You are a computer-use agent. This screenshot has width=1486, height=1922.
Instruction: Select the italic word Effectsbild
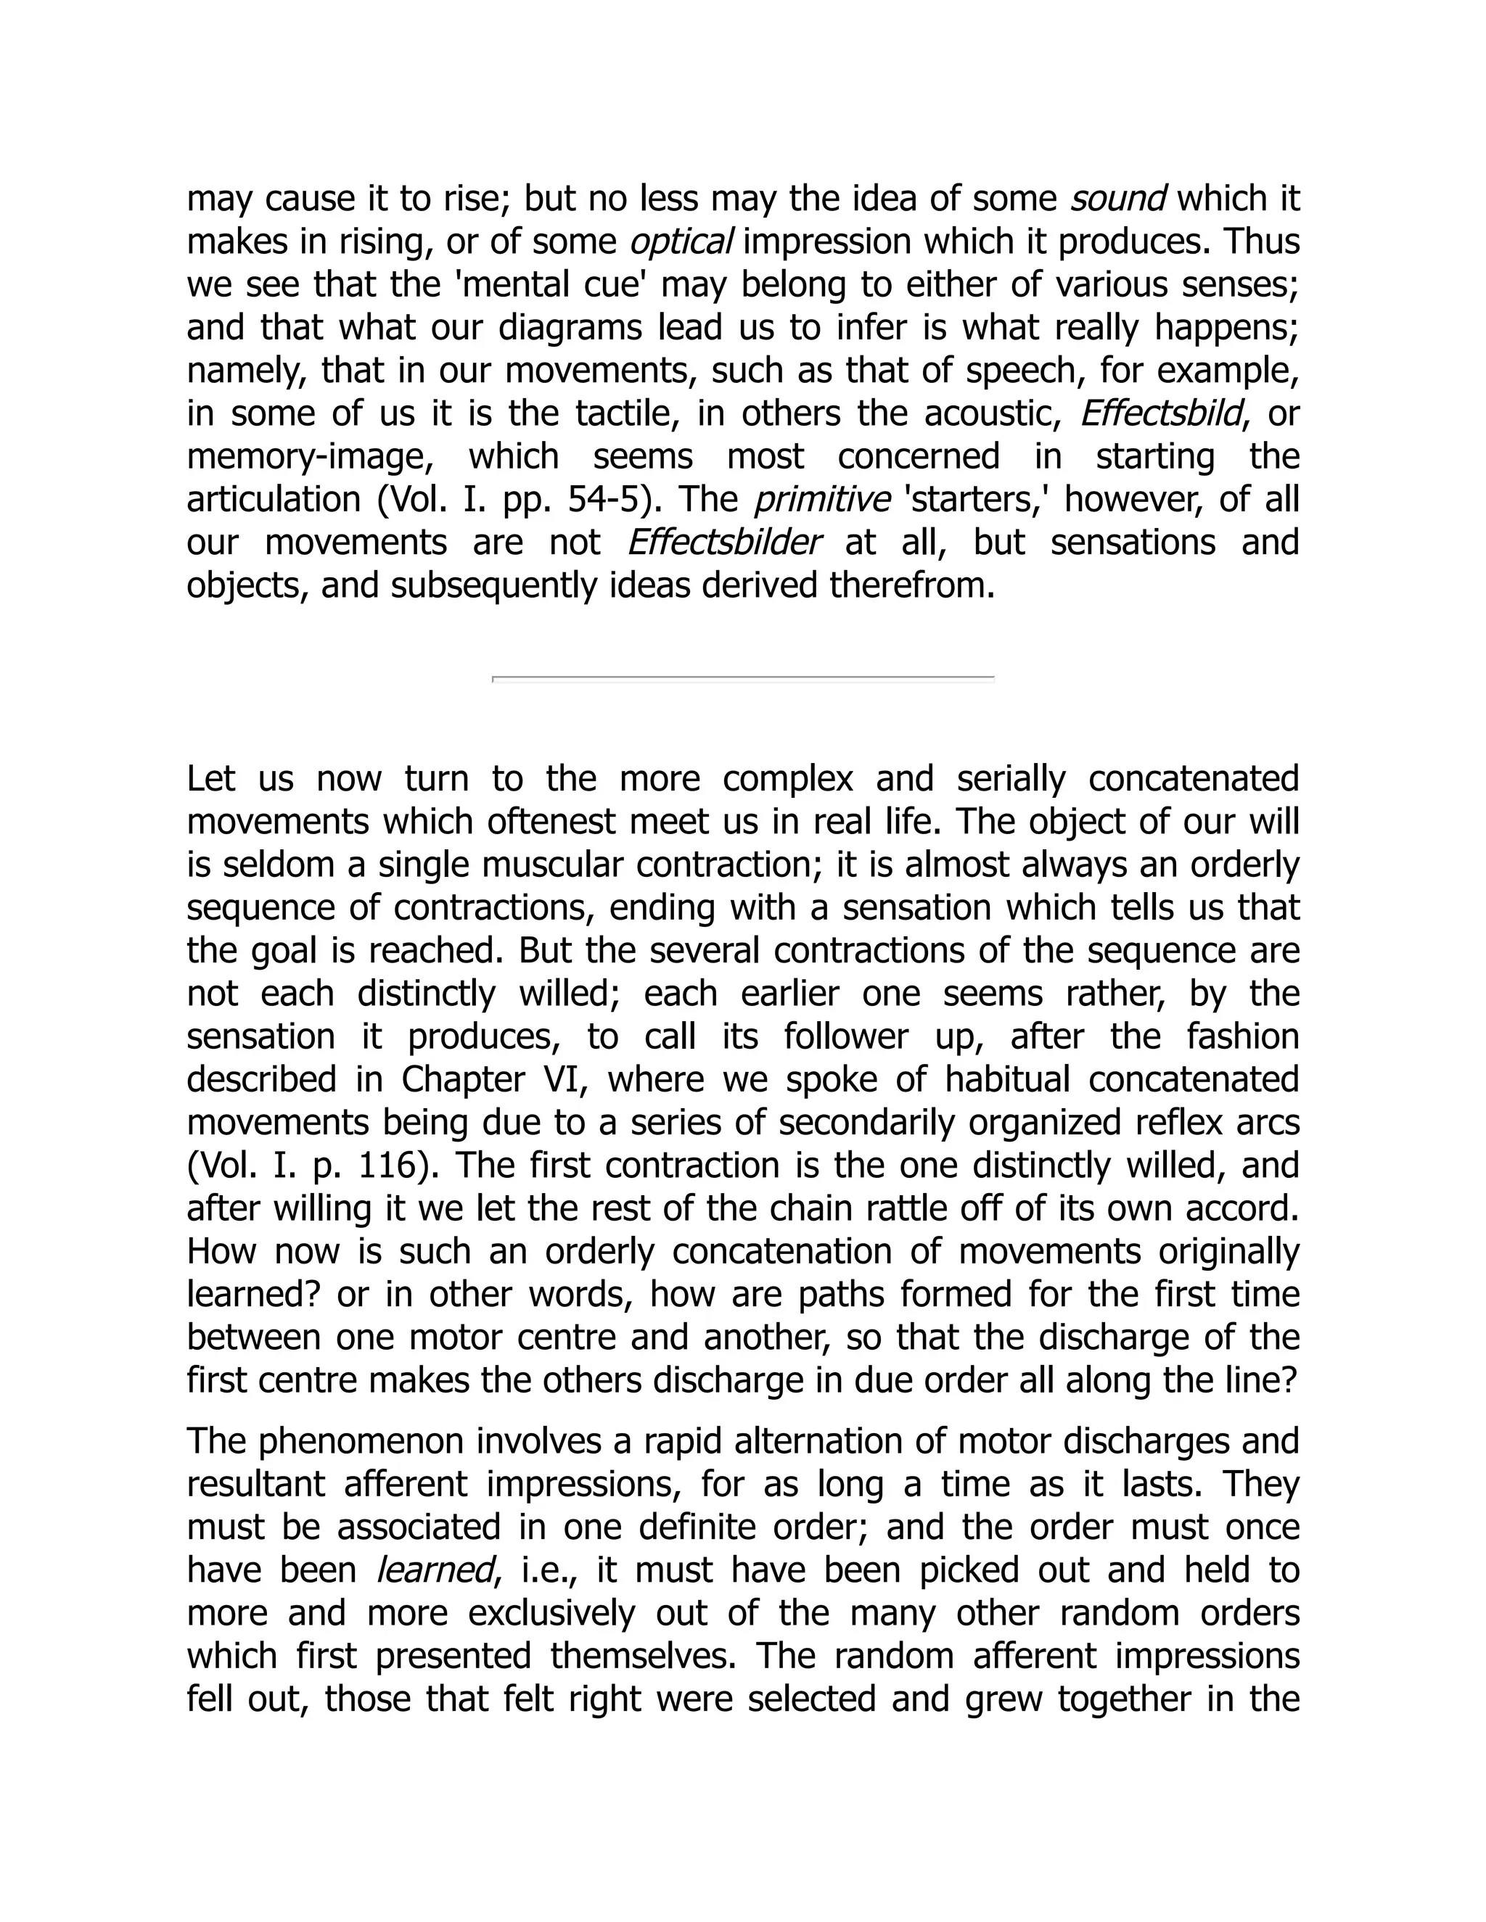coord(1161,413)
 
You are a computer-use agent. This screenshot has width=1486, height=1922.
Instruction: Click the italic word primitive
coord(821,500)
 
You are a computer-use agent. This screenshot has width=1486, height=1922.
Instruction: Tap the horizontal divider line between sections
coord(743,679)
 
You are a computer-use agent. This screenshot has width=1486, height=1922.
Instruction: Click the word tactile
coord(628,413)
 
